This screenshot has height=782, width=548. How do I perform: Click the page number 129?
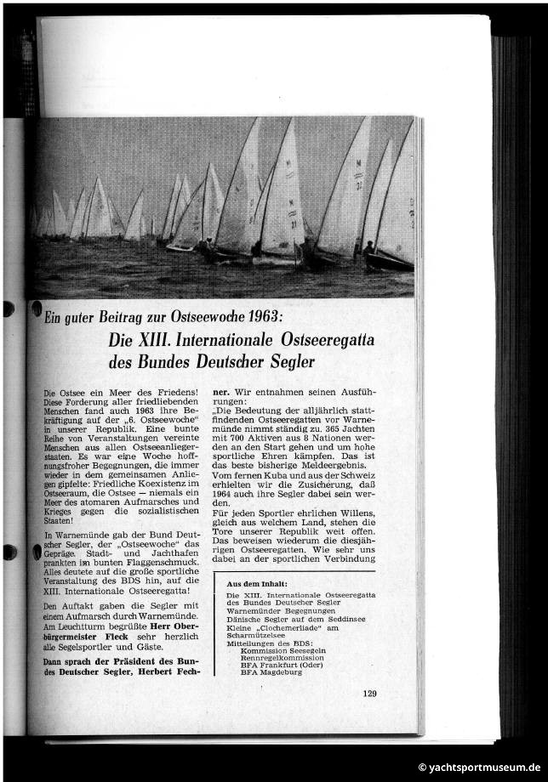coord(369,694)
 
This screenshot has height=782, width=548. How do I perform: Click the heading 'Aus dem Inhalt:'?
coord(256,584)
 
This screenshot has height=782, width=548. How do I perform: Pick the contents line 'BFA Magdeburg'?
coord(271,672)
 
